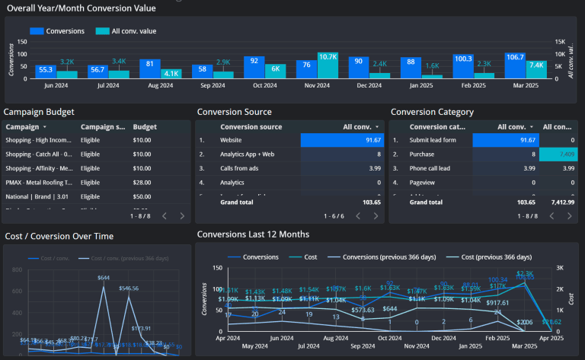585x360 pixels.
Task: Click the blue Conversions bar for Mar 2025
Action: (x=515, y=65)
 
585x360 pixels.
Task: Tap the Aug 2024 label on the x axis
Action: (x=159, y=85)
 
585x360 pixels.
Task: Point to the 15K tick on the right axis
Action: (x=560, y=43)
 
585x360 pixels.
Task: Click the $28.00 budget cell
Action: (x=141, y=182)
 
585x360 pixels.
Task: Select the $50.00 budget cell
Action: (x=141, y=196)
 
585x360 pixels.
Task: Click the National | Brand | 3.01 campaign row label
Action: (x=38, y=196)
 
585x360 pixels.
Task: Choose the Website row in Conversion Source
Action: (x=233, y=140)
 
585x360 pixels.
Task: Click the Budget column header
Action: (x=145, y=127)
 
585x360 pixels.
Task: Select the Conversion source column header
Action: (x=251, y=127)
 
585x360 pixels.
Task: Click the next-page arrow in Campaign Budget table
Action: (x=181, y=216)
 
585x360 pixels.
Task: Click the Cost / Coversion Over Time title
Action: (x=59, y=236)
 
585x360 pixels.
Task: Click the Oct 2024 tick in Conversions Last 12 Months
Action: (x=390, y=337)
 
